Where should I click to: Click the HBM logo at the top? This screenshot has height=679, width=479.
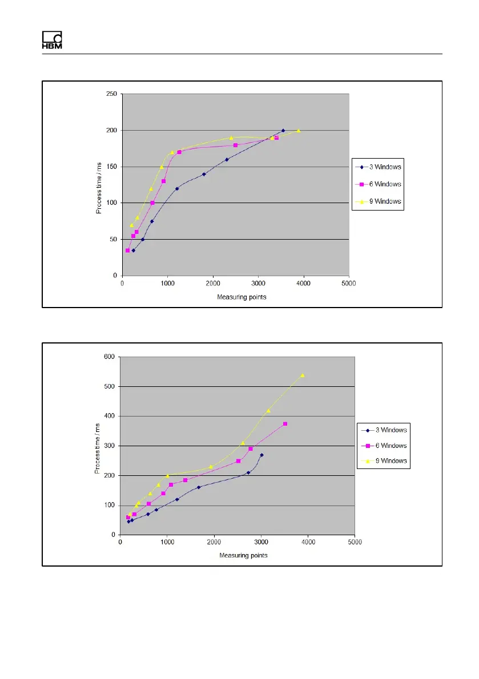point(52,39)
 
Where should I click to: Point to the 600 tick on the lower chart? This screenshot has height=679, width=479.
point(110,357)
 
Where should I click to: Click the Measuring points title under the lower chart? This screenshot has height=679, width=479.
point(243,555)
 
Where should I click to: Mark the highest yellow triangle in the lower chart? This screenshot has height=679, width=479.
point(302,375)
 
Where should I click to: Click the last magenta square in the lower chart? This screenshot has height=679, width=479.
point(285,424)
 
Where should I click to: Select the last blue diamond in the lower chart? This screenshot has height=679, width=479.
point(261,455)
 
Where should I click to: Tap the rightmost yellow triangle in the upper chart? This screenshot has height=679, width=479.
point(298,131)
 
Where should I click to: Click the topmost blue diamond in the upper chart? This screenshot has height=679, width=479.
point(283,131)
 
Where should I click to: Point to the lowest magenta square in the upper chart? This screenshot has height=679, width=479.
point(128,250)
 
